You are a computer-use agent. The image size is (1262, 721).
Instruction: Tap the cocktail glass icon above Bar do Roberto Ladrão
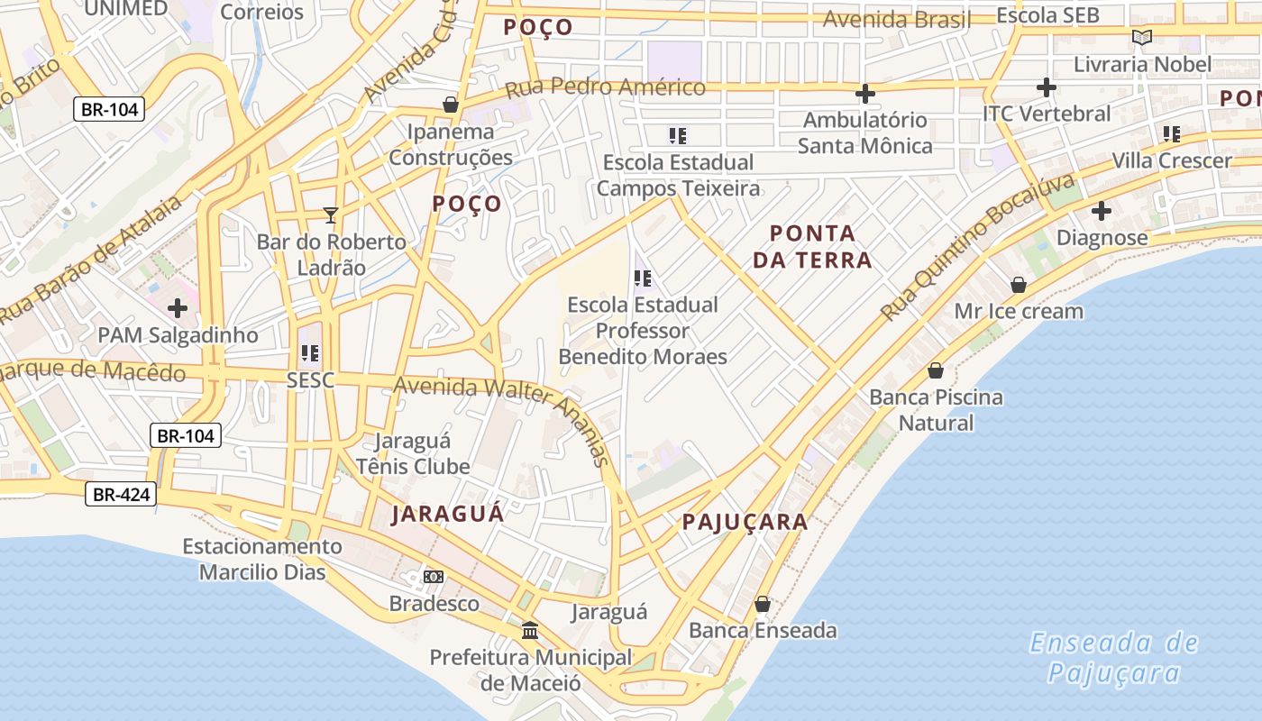(x=331, y=215)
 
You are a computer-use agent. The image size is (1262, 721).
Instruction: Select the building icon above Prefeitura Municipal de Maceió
(x=530, y=630)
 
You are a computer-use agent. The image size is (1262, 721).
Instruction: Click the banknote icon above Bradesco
(x=434, y=577)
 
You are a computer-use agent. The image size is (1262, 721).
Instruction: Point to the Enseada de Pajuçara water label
(x=1114, y=658)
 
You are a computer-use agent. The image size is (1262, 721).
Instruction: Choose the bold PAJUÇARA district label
(x=745, y=522)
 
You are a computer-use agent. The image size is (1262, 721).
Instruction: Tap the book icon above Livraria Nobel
(x=1142, y=38)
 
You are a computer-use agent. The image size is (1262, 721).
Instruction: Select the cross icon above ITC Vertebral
(x=1046, y=87)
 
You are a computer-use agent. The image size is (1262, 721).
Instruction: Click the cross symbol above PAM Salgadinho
(x=178, y=308)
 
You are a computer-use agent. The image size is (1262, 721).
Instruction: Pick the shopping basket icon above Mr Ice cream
(x=1019, y=285)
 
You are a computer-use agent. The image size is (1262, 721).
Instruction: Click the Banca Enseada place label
(x=763, y=630)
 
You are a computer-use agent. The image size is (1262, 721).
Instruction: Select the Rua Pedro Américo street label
(x=605, y=87)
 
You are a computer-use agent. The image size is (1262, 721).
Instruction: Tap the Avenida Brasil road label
(x=896, y=19)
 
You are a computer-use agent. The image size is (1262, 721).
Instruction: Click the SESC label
(x=310, y=380)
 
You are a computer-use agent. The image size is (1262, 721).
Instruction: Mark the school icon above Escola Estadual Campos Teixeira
(x=678, y=136)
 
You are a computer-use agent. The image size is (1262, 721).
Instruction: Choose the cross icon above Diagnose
(x=1101, y=212)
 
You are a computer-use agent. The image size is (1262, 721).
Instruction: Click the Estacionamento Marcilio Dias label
(x=262, y=559)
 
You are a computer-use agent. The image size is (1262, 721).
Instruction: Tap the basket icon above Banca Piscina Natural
(x=936, y=370)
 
